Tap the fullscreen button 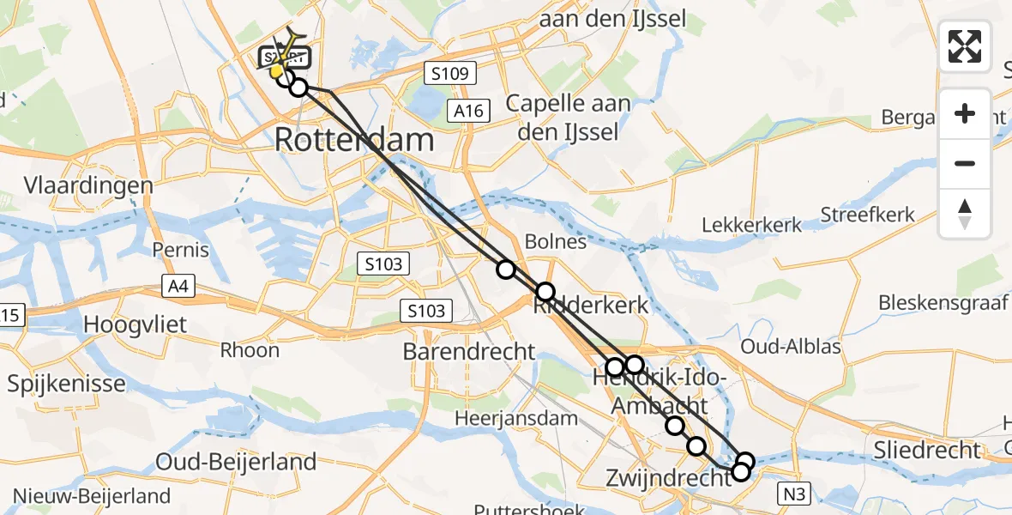tap(965, 46)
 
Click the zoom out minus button tap(965, 163)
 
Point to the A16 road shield tap(470, 110)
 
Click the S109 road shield tap(449, 74)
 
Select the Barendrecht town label tap(469, 352)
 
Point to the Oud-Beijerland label tap(236, 462)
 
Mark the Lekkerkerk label tap(752, 225)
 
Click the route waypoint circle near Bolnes tap(506, 270)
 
